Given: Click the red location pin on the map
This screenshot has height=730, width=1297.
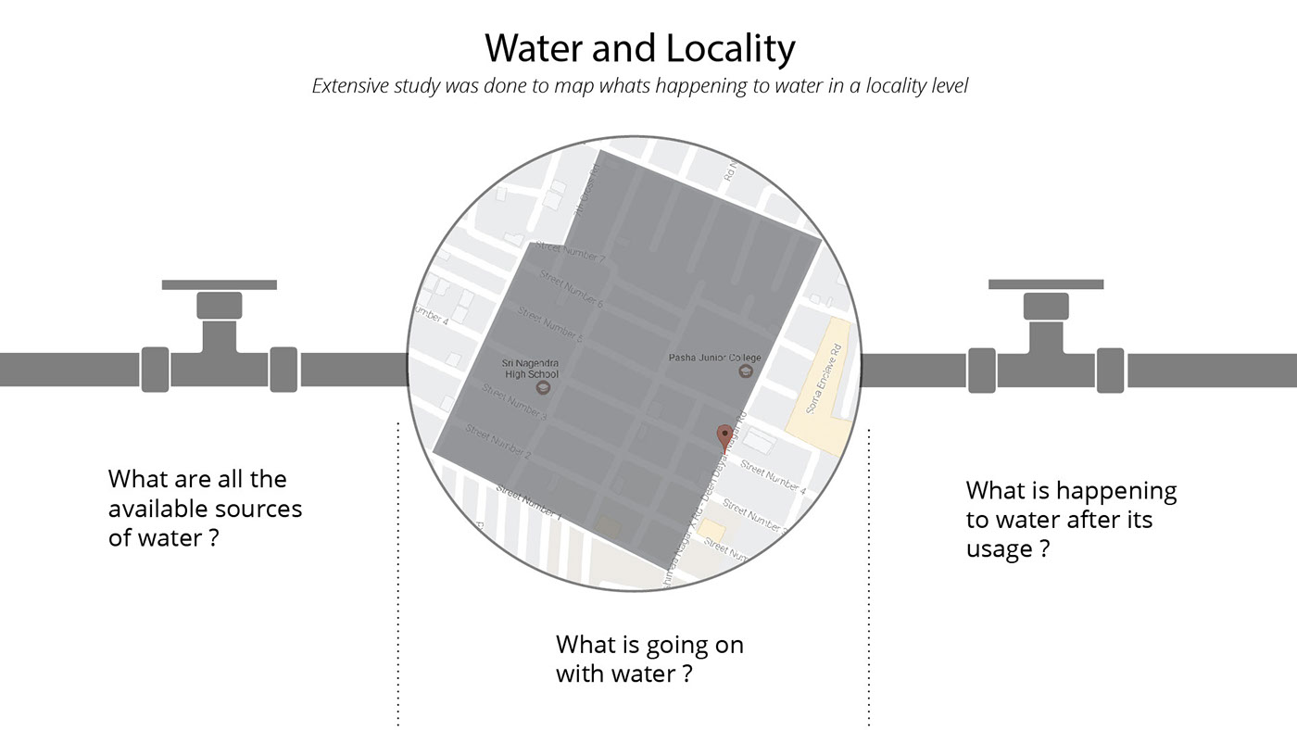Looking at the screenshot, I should click(724, 436).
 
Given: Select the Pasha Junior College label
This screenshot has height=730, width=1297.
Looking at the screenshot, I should click(714, 357).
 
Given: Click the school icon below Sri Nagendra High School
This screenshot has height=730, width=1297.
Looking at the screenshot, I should click(543, 387).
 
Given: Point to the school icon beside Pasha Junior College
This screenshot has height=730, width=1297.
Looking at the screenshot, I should click(744, 371).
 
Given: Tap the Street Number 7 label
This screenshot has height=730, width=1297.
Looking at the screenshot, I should click(570, 253).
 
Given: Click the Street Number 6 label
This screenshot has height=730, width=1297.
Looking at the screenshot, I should click(571, 290).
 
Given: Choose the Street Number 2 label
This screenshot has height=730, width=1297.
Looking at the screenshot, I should click(497, 443).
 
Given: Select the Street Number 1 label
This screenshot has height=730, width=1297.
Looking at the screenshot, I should click(528, 500).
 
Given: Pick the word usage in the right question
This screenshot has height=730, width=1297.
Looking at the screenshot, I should click(999, 548).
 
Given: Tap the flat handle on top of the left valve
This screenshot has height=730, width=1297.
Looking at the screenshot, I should click(220, 284).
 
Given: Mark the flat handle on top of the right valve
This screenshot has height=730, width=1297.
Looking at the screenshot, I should click(1046, 284).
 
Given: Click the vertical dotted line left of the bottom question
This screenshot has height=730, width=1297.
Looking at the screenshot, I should click(398, 574).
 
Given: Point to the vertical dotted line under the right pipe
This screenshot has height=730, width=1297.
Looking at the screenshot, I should click(869, 574).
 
